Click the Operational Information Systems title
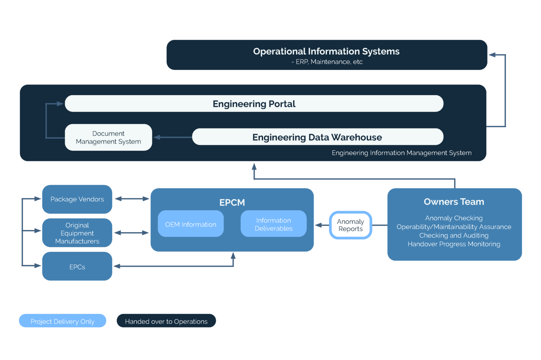[326, 51]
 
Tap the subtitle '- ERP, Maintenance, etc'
[327, 62]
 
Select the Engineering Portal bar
[254, 104]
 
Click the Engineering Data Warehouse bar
[317, 137]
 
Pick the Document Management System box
[108, 138]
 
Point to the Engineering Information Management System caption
[402, 153]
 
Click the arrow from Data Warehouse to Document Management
[173, 137]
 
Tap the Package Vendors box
[77, 199]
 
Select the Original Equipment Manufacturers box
[77, 233]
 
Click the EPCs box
[77, 267]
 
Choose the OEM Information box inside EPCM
[191, 224]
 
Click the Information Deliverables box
[273, 224]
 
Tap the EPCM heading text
[232, 203]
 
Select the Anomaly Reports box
[350, 225]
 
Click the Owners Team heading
[454, 202]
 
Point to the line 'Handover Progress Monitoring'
[454, 244]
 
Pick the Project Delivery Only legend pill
[62, 321]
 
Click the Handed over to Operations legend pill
[166, 321]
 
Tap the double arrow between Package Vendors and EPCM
[132, 199]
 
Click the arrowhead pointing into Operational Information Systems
[492, 55]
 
